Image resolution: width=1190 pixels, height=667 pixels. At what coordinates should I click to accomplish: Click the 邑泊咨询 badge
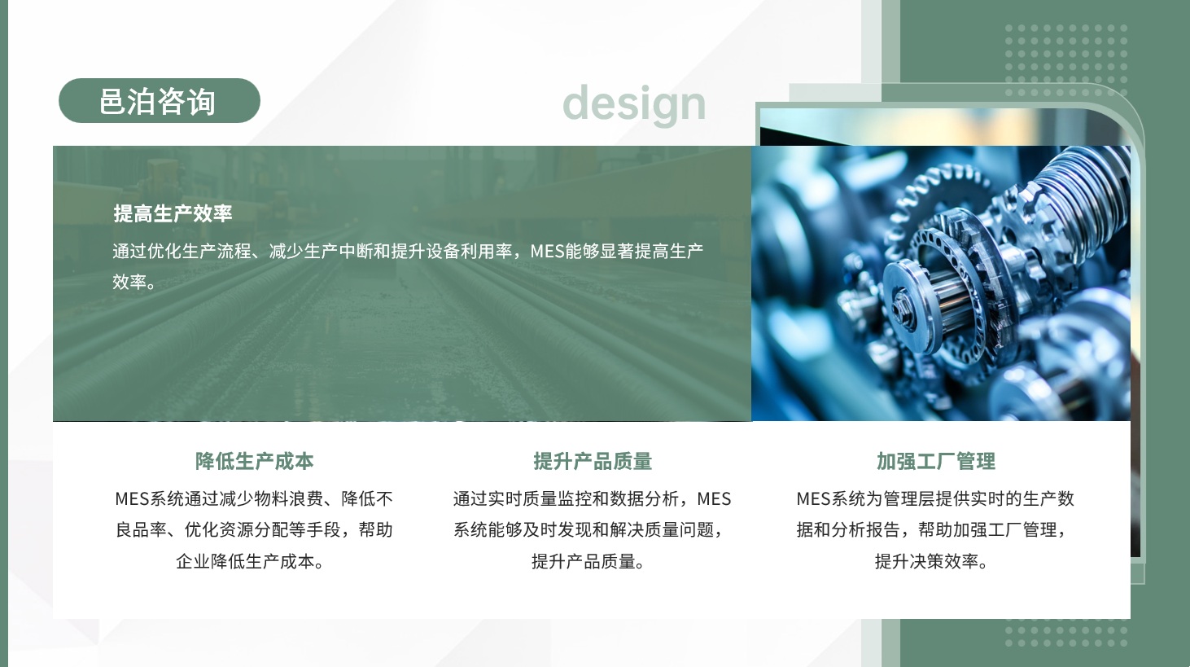click(159, 101)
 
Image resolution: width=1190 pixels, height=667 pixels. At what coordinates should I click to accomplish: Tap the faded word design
click(633, 103)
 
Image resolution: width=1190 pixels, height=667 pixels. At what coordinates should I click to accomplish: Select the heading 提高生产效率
click(173, 213)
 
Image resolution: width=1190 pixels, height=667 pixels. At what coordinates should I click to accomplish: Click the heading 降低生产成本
click(254, 461)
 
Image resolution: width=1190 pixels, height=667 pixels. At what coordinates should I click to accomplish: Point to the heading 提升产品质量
click(593, 461)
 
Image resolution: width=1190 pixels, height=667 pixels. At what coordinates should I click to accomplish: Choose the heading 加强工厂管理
click(935, 461)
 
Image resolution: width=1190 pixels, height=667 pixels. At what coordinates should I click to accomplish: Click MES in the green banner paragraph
click(547, 252)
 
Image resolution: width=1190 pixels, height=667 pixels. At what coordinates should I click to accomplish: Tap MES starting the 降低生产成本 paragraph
click(131, 498)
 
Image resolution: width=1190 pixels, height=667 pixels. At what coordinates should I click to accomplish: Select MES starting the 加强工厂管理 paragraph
click(812, 498)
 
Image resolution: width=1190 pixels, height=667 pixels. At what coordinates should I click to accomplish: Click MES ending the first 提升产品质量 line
click(714, 498)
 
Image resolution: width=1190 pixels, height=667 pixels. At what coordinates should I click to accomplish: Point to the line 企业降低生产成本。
click(249, 561)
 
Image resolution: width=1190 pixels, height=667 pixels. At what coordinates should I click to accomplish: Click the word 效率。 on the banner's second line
click(133, 282)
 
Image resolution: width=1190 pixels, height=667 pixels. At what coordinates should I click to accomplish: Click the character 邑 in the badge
click(113, 102)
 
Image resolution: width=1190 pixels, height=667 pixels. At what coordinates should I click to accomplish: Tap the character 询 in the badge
click(200, 102)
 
